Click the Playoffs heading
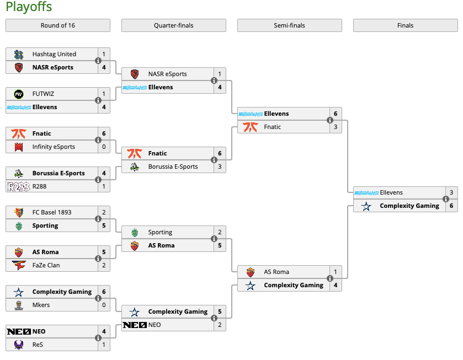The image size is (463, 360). pyautogui.click(x=29, y=7)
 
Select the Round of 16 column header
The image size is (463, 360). pyautogui.click(x=58, y=25)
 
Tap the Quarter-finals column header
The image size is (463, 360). pyautogui.click(x=173, y=25)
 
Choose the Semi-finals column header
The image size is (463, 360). pyautogui.click(x=289, y=25)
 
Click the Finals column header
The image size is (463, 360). pyautogui.click(x=405, y=25)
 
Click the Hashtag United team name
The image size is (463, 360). pyautogui.click(x=54, y=54)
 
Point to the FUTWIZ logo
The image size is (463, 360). pyautogui.click(x=19, y=94)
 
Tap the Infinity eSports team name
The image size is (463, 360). pyautogui.click(x=54, y=147)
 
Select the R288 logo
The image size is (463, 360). pyautogui.click(x=19, y=186)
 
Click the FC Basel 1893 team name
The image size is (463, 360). pyautogui.click(x=52, y=212)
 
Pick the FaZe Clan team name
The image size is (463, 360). pyautogui.click(x=46, y=265)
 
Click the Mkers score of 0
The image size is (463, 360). pyautogui.click(x=104, y=305)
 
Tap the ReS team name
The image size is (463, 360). pyautogui.click(x=38, y=345)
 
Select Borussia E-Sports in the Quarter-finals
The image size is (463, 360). pyautogui.click(x=173, y=166)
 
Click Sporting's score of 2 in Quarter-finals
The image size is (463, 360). pyautogui.click(x=220, y=232)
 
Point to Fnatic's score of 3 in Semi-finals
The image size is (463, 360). pyautogui.click(x=336, y=127)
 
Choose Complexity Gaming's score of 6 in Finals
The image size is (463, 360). pyautogui.click(x=451, y=206)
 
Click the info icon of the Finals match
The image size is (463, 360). pyautogui.click(x=445, y=199)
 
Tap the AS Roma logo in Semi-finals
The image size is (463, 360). pyautogui.click(x=251, y=272)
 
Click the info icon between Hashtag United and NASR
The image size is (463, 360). pyautogui.click(x=98, y=61)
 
